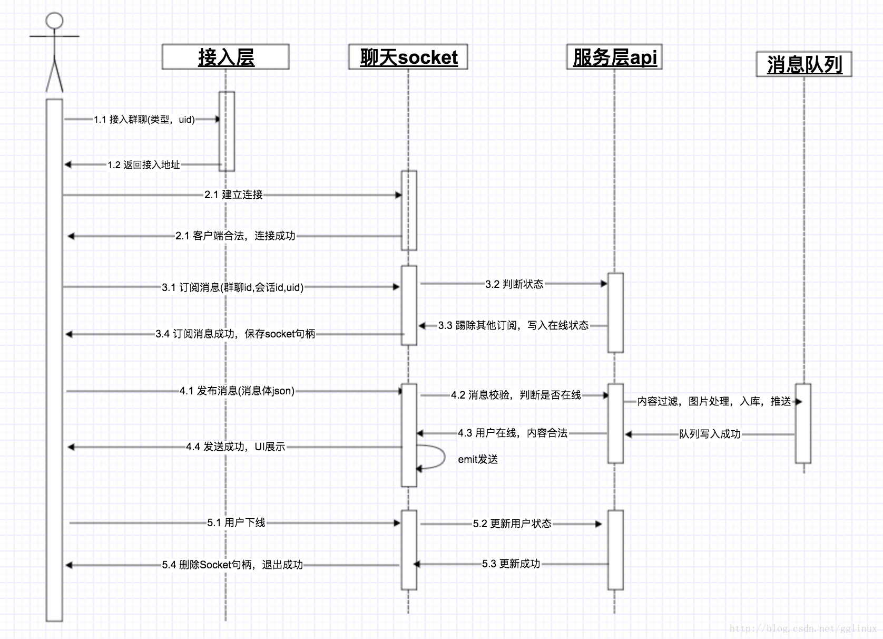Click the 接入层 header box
tap(225, 57)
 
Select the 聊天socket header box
tap(408, 57)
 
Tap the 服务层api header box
tap(614, 57)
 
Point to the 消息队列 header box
tap(804, 64)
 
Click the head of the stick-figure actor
tap(54, 21)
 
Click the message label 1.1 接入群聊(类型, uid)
tap(144, 120)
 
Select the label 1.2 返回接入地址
tap(144, 165)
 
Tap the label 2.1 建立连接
tap(233, 195)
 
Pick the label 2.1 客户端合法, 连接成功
tap(236, 236)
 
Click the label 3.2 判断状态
tap(514, 284)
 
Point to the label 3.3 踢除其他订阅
tap(513, 326)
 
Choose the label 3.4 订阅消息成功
tap(235, 334)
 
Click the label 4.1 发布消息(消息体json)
tap(237, 391)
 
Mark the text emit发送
tap(478, 459)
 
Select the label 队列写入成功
tap(710, 434)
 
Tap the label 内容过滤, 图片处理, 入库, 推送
tap(714, 402)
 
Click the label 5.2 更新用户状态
tap(512, 524)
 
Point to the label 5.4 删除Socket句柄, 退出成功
tap(232, 565)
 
